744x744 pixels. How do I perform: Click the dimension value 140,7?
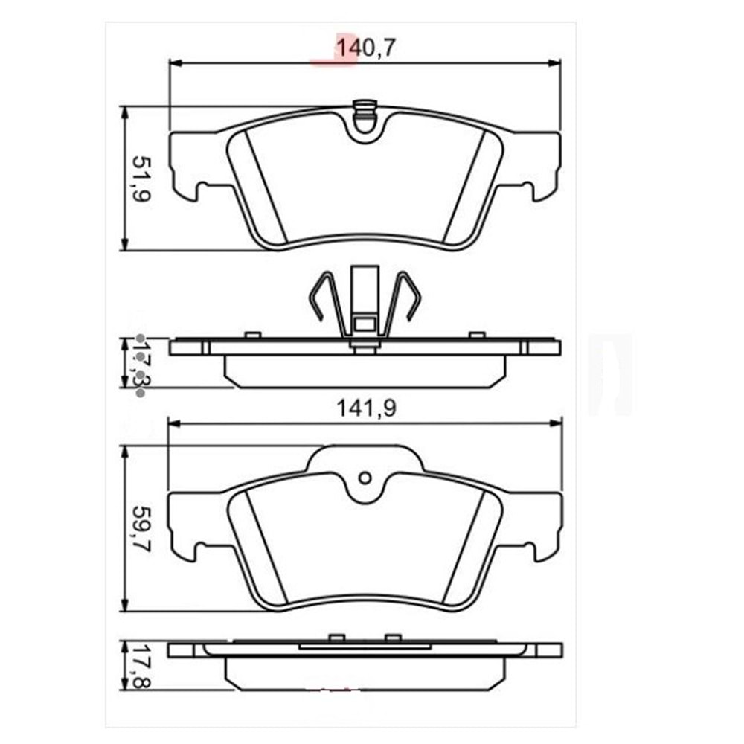(365, 48)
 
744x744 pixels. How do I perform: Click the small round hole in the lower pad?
(365, 478)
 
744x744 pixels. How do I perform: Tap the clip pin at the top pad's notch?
(365, 113)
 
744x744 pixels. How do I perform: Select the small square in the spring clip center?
(365, 324)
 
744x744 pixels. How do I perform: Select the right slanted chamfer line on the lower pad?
(465, 547)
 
